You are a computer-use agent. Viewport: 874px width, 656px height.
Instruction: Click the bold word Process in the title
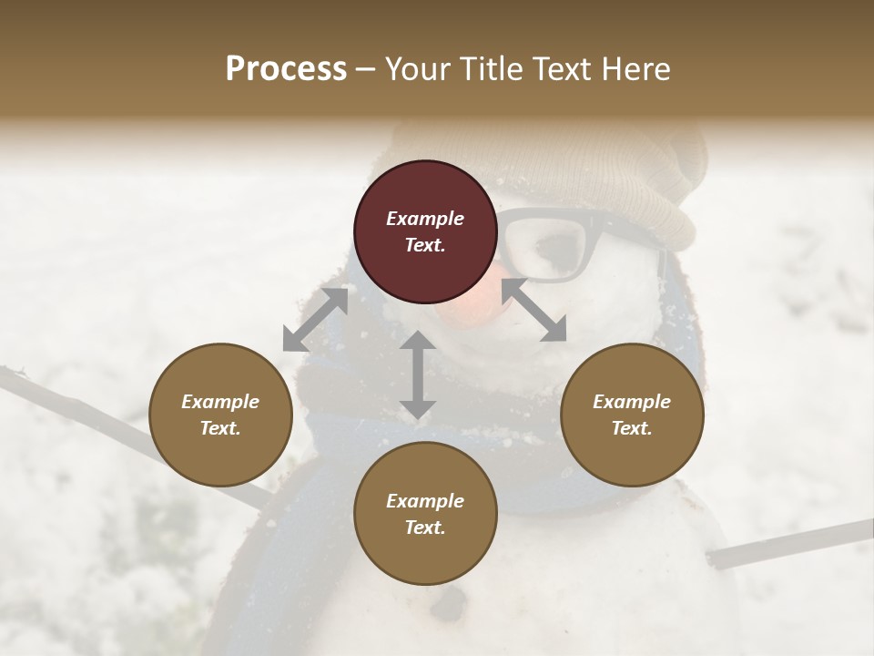point(286,69)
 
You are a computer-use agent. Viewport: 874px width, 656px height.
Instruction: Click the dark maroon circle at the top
point(425,231)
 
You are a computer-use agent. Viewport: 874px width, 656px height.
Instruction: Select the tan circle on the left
point(220,415)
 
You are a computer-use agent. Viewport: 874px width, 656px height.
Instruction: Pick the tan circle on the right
point(632,415)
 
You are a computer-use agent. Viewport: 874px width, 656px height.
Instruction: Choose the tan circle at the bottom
point(425,514)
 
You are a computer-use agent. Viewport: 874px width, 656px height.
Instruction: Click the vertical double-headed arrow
point(417,374)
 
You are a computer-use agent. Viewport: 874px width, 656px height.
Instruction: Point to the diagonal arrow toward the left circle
point(315,320)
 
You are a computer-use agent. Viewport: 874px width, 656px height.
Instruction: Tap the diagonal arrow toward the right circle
point(534,310)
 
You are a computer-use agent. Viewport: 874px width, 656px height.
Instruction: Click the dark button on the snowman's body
point(448,602)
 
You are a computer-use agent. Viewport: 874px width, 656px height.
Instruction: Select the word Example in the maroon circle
point(425,219)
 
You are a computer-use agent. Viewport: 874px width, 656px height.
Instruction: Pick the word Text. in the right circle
point(632,428)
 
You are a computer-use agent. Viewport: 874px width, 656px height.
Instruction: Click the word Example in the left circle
point(220,402)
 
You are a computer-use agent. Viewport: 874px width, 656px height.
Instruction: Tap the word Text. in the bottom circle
point(425,528)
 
